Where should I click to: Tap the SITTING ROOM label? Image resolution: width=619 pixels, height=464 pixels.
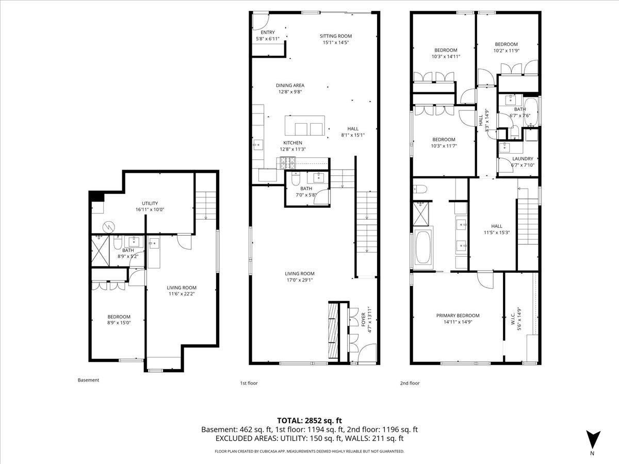pyautogui.click(x=336, y=36)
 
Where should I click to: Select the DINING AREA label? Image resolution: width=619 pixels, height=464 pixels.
pyautogui.click(x=290, y=86)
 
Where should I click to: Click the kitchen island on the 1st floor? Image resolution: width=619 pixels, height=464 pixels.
pyautogui.click(x=304, y=125)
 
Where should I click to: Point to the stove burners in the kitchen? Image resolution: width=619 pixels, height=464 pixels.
pyautogui.click(x=288, y=163)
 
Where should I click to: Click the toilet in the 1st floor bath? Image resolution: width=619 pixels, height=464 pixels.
pyautogui.click(x=296, y=178)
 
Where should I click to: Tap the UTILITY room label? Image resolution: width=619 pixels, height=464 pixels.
pyautogui.click(x=150, y=204)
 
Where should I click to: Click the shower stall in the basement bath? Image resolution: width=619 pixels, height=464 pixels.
pyautogui.click(x=100, y=251)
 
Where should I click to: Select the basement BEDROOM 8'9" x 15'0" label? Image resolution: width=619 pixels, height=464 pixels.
pyautogui.click(x=119, y=320)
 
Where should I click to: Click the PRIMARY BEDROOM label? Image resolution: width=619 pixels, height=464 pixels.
pyautogui.click(x=458, y=316)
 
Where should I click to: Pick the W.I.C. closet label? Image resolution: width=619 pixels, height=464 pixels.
pyautogui.click(x=513, y=318)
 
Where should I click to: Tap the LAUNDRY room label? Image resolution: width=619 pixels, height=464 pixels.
pyautogui.click(x=523, y=159)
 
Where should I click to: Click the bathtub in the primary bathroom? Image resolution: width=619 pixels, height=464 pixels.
pyautogui.click(x=423, y=247)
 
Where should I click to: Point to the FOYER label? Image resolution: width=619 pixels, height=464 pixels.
pyautogui.click(x=364, y=320)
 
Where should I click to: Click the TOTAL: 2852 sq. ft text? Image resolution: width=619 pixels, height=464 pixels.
pyautogui.click(x=309, y=421)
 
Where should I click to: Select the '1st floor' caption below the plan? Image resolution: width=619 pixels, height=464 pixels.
pyautogui.click(x=249, y=383)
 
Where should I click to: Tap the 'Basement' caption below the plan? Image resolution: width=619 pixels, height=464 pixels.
pyautogui.click(x=88, y=380)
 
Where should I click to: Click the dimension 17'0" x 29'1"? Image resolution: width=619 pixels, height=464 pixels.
pyautogui.click(x=300, y=280)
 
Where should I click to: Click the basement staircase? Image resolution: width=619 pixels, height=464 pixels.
pyautogui.click(x=206, y=205)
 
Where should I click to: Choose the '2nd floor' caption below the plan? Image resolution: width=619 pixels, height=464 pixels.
pyautogui.click(x=410, y=383)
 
